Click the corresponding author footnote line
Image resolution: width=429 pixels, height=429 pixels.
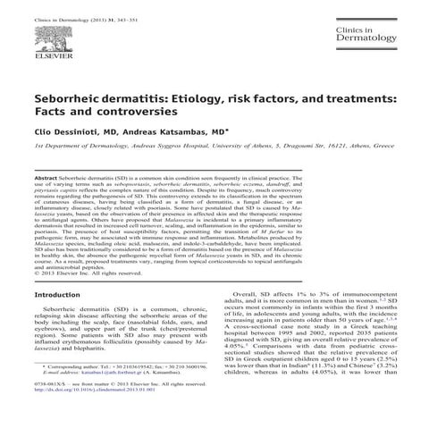pyautogui.click(x=116, y=367)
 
